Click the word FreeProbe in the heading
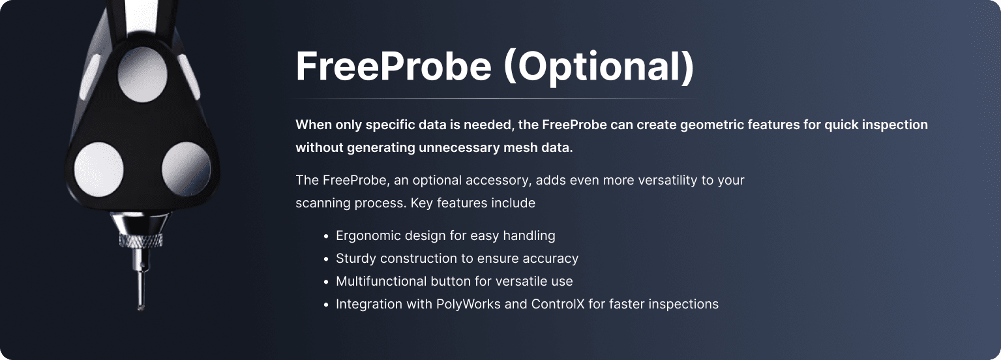click(394, 66)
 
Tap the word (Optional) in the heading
click(599, 67)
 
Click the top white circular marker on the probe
click(143, 74)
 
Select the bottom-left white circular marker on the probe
click(98, 170)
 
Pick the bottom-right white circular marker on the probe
click(186, 170)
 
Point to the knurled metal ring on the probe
click(141, 240)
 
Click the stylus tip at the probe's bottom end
click(140, 307)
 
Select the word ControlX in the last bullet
click(558, 304)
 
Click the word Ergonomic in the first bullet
click(368, 236)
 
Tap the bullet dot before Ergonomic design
click(326, 237)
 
